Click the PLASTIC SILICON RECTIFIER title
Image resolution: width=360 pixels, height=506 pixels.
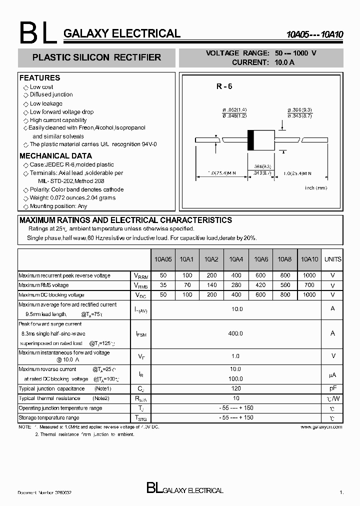(96, 57)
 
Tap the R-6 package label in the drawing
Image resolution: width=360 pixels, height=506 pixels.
(224, 86)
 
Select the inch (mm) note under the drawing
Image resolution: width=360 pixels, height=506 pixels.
(315, 187)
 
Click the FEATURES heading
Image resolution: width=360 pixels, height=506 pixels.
(39, 78)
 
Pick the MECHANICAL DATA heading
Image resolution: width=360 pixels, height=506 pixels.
(55, 156)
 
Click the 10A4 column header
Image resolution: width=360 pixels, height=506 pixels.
(236, 259)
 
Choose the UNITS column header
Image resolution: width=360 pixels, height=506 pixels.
(332, 259)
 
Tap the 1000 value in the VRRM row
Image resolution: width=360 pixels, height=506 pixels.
(309, 275)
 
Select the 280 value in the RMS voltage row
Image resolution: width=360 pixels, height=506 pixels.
(236, 285)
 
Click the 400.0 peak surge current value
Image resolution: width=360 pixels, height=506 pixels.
(235, 333)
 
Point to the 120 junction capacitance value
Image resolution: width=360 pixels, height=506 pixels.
(235, 388)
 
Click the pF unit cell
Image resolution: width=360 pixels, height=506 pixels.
(332, 388)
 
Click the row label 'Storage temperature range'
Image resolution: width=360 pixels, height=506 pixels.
(49, 417)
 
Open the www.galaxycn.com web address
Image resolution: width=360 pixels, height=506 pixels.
(321, 427)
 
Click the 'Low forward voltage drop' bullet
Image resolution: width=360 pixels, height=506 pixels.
(61, 112)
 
